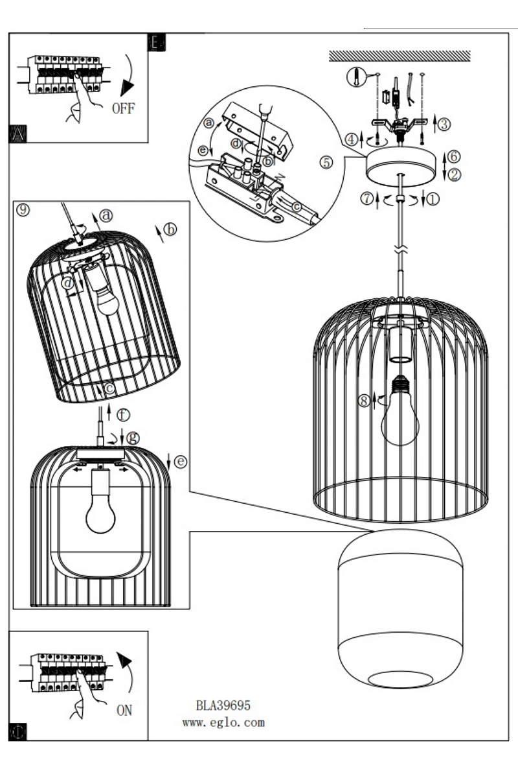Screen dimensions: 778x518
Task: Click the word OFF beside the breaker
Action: click(123, 108)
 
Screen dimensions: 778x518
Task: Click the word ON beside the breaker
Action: click(124, 710)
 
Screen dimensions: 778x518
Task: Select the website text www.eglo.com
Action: click(223, 722)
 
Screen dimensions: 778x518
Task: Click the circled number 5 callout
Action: click(327, 162)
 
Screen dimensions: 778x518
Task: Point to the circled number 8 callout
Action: click(365, 401)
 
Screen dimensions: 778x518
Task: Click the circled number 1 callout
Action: click(433, 199)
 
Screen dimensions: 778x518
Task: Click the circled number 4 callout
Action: click(351, 139)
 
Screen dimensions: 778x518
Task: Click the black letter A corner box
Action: click(17, 134)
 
